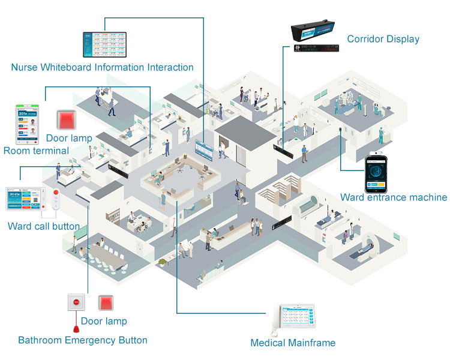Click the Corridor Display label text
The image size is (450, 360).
click(x=383, y=39)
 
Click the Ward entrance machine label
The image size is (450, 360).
click(x=393, y=197)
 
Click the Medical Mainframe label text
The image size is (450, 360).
click(x=293, y=343)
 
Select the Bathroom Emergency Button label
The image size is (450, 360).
click(x=83, y=340)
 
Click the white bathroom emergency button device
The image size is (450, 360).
click(x=76, y=302)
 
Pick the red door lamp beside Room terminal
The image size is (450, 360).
click(x=65, y=120)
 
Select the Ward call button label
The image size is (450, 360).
click(x=44, y=226)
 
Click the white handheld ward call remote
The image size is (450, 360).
click(x=56, y=201)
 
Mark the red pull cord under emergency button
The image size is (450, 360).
click(x=76, y=328)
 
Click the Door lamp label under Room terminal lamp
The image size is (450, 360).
click(x=69, y=138)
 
